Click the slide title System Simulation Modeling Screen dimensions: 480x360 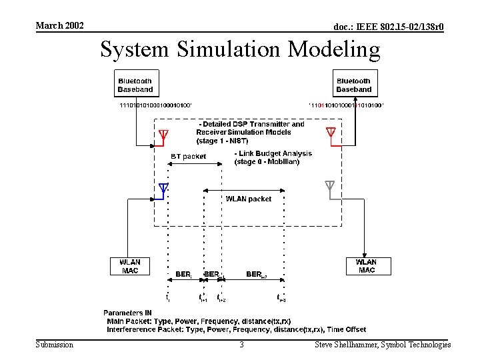tap(240, 49)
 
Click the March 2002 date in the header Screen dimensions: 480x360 tap(59, 25)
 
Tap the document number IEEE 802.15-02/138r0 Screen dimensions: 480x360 tap(389, 27)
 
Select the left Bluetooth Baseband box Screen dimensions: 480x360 tap(135, 85)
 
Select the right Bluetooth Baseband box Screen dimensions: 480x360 tap(353, 85)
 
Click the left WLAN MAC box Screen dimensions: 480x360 tap(129, 266)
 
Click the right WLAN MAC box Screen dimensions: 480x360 tap(366, 266)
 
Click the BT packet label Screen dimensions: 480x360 tap(189, 157)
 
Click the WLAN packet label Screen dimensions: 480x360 tap(249, 199)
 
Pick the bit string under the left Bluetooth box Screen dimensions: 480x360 tap(155, 105)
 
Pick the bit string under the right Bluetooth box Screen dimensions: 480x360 tap(345, 105)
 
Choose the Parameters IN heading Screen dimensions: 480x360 tap(127, 313)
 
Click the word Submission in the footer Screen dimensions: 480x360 tap(55, 345)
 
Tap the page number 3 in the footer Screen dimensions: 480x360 tap(241, 345)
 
